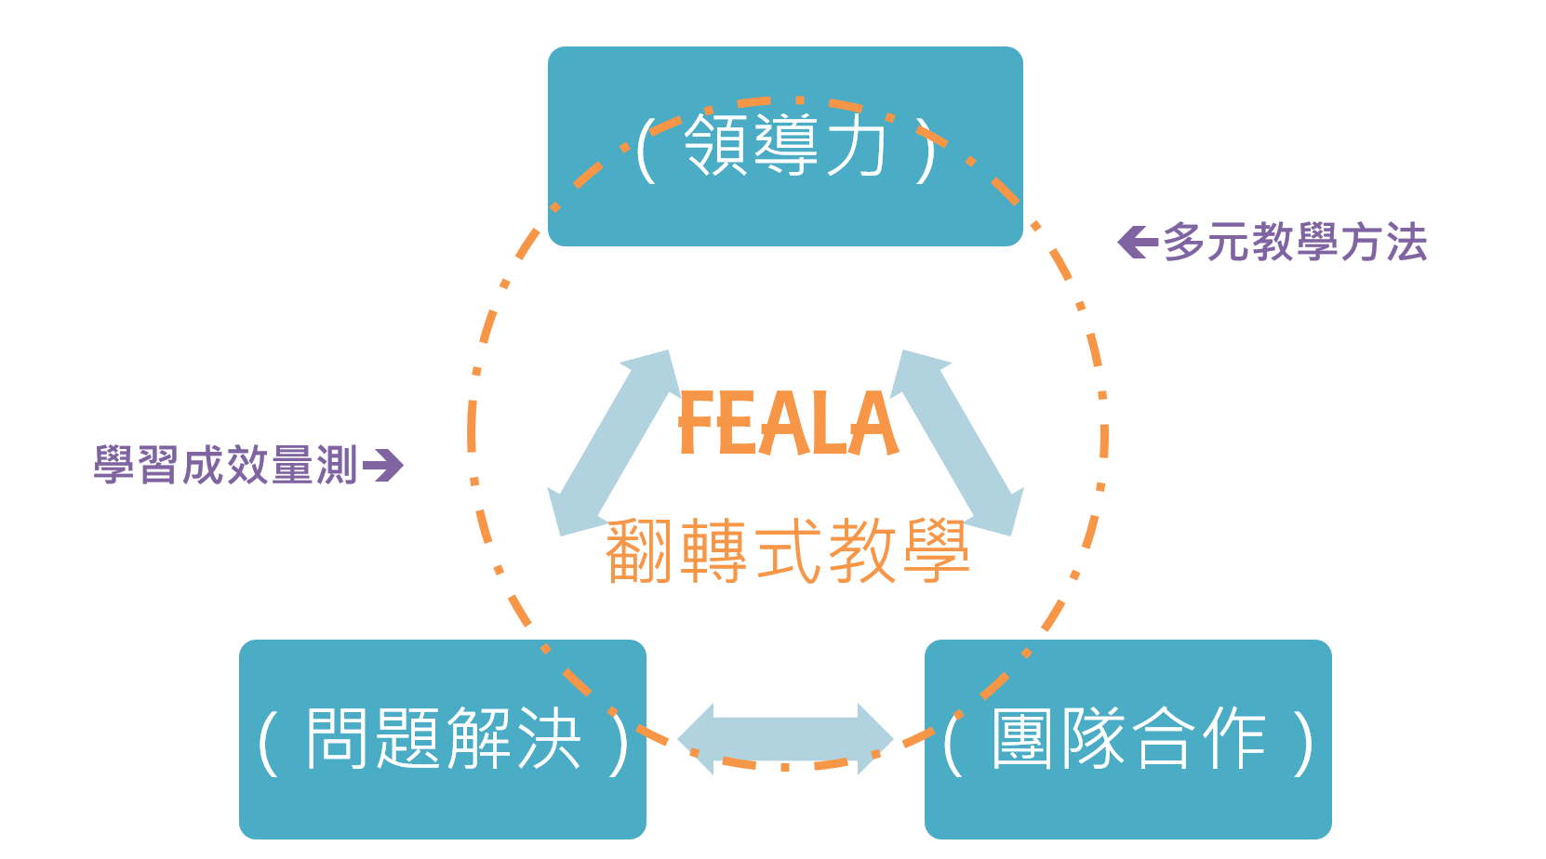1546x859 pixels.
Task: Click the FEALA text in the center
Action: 788,424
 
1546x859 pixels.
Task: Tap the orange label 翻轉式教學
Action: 787,551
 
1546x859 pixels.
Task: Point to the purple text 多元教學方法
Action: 1294,243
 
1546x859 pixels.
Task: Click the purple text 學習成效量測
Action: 225,465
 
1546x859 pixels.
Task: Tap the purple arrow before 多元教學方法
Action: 1137,243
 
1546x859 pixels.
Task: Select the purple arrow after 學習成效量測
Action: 383,465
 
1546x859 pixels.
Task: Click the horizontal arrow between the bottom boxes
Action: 785,740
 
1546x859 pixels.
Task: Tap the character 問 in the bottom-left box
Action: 339,738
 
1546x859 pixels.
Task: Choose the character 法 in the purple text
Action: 1406,243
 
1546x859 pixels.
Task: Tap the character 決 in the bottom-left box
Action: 549,738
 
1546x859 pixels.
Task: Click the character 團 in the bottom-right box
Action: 1022,738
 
